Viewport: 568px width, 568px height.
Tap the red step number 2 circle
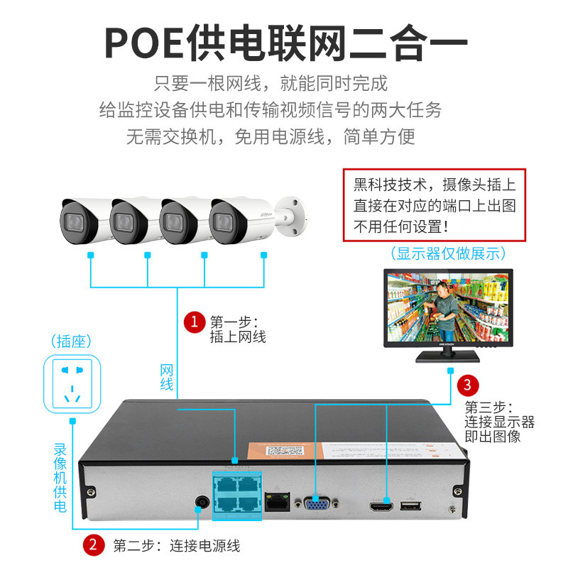point(93,545)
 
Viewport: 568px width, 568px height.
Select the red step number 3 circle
point(466,386)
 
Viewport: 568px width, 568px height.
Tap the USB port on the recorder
point(410,506)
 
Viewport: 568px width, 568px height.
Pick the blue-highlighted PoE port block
point(236,494)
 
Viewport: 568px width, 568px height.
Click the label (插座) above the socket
point(72,342)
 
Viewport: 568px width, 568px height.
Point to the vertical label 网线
point(166,377)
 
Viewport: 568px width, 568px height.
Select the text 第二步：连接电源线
point(177,545)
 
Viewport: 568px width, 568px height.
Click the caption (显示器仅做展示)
point(448,253)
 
